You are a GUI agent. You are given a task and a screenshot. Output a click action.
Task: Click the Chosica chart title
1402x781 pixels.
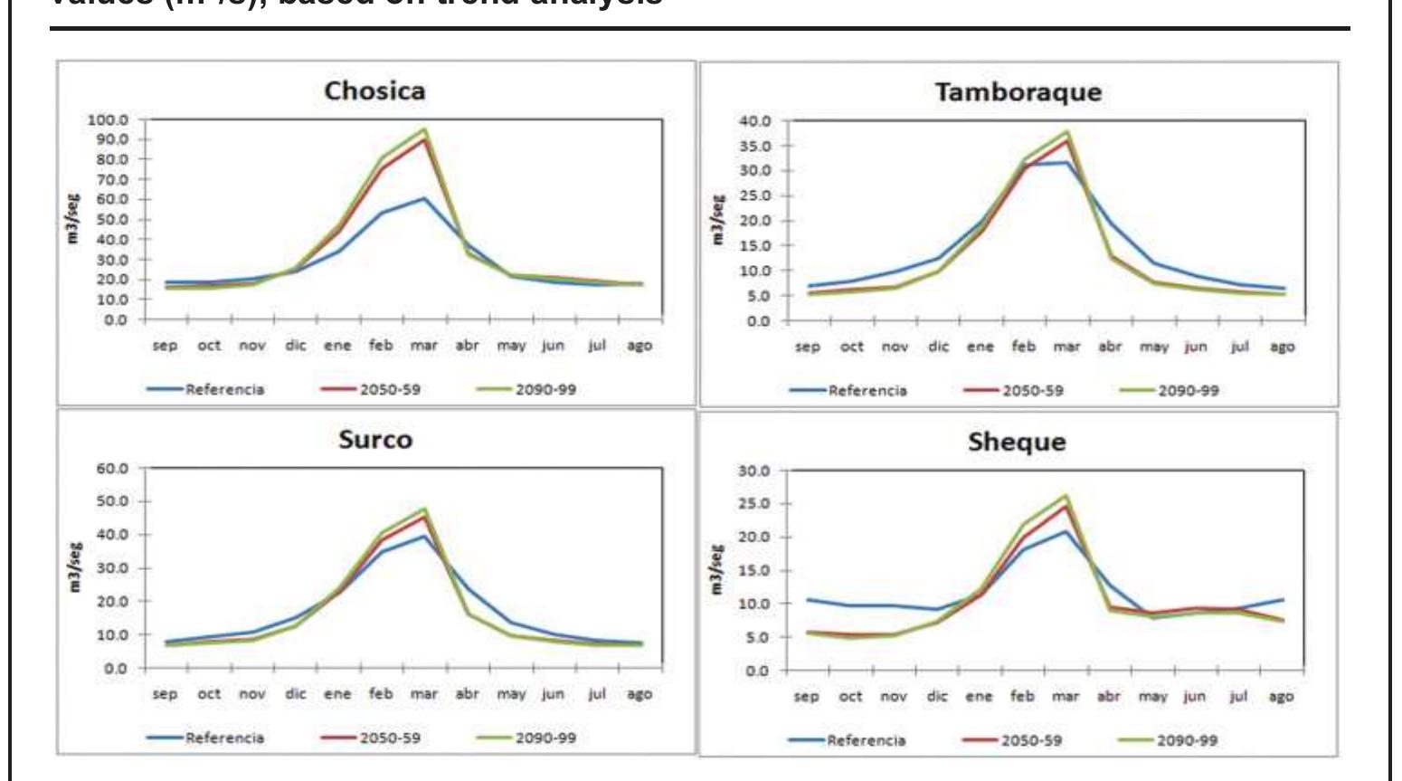[374, 90]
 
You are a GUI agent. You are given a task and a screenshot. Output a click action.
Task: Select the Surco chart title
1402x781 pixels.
[374, 439]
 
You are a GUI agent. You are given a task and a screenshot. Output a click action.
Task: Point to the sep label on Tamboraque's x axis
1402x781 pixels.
[808, 347]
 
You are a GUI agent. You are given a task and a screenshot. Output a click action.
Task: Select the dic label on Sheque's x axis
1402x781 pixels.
[937, 697]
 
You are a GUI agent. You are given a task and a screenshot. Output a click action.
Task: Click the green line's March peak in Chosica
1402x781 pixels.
[423, 129]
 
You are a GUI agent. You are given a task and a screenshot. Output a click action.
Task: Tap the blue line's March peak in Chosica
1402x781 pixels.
[423, 198]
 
